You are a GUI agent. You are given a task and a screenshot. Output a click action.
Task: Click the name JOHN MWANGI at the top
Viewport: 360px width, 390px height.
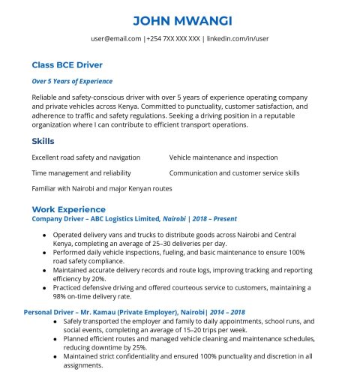[180, 19]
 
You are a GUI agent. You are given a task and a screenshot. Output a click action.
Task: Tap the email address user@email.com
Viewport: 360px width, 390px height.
[116, 38]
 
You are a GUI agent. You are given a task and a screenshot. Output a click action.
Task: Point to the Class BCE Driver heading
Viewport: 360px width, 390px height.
[67, 65]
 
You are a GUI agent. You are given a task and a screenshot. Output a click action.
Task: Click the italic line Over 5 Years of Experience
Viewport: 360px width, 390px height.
[72, 81]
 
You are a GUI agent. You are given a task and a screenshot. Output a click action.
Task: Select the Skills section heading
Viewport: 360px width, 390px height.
[43, 141]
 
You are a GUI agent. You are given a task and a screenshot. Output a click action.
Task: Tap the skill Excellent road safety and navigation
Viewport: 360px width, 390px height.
[86, 157]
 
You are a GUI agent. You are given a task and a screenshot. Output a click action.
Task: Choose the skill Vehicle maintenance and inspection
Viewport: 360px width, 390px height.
[223, 157]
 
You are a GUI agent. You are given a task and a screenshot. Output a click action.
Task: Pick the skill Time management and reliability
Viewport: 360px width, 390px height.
[81, 172]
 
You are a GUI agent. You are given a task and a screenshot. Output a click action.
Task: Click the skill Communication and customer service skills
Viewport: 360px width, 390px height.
[234, 172]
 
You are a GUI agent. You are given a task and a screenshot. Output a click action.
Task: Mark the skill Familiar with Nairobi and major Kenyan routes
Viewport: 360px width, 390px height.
[102, 188]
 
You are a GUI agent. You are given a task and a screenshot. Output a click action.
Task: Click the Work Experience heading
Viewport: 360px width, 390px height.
[68, 209]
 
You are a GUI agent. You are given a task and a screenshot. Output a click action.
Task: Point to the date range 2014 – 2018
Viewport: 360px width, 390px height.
[228, 311]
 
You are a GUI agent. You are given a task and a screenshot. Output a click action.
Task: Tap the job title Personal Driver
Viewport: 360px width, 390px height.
[52, 311]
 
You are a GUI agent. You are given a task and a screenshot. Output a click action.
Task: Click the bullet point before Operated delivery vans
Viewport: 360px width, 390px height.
[44, 234]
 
